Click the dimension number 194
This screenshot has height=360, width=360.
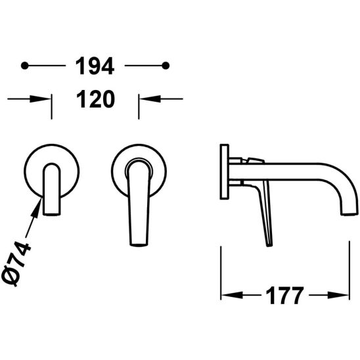tap(95, 66)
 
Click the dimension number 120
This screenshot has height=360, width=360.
tap(95, 99)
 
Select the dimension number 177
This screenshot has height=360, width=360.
tap(284, 295)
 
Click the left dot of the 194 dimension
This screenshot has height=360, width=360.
tap(24, 66)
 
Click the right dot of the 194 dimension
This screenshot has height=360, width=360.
tap(166, 66)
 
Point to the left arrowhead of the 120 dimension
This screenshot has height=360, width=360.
tap(40, 99)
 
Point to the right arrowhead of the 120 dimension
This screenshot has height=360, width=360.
tap(150, 99)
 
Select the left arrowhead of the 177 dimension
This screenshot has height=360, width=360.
tap(232, 295)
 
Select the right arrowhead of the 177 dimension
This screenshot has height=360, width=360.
tap(338, 295)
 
